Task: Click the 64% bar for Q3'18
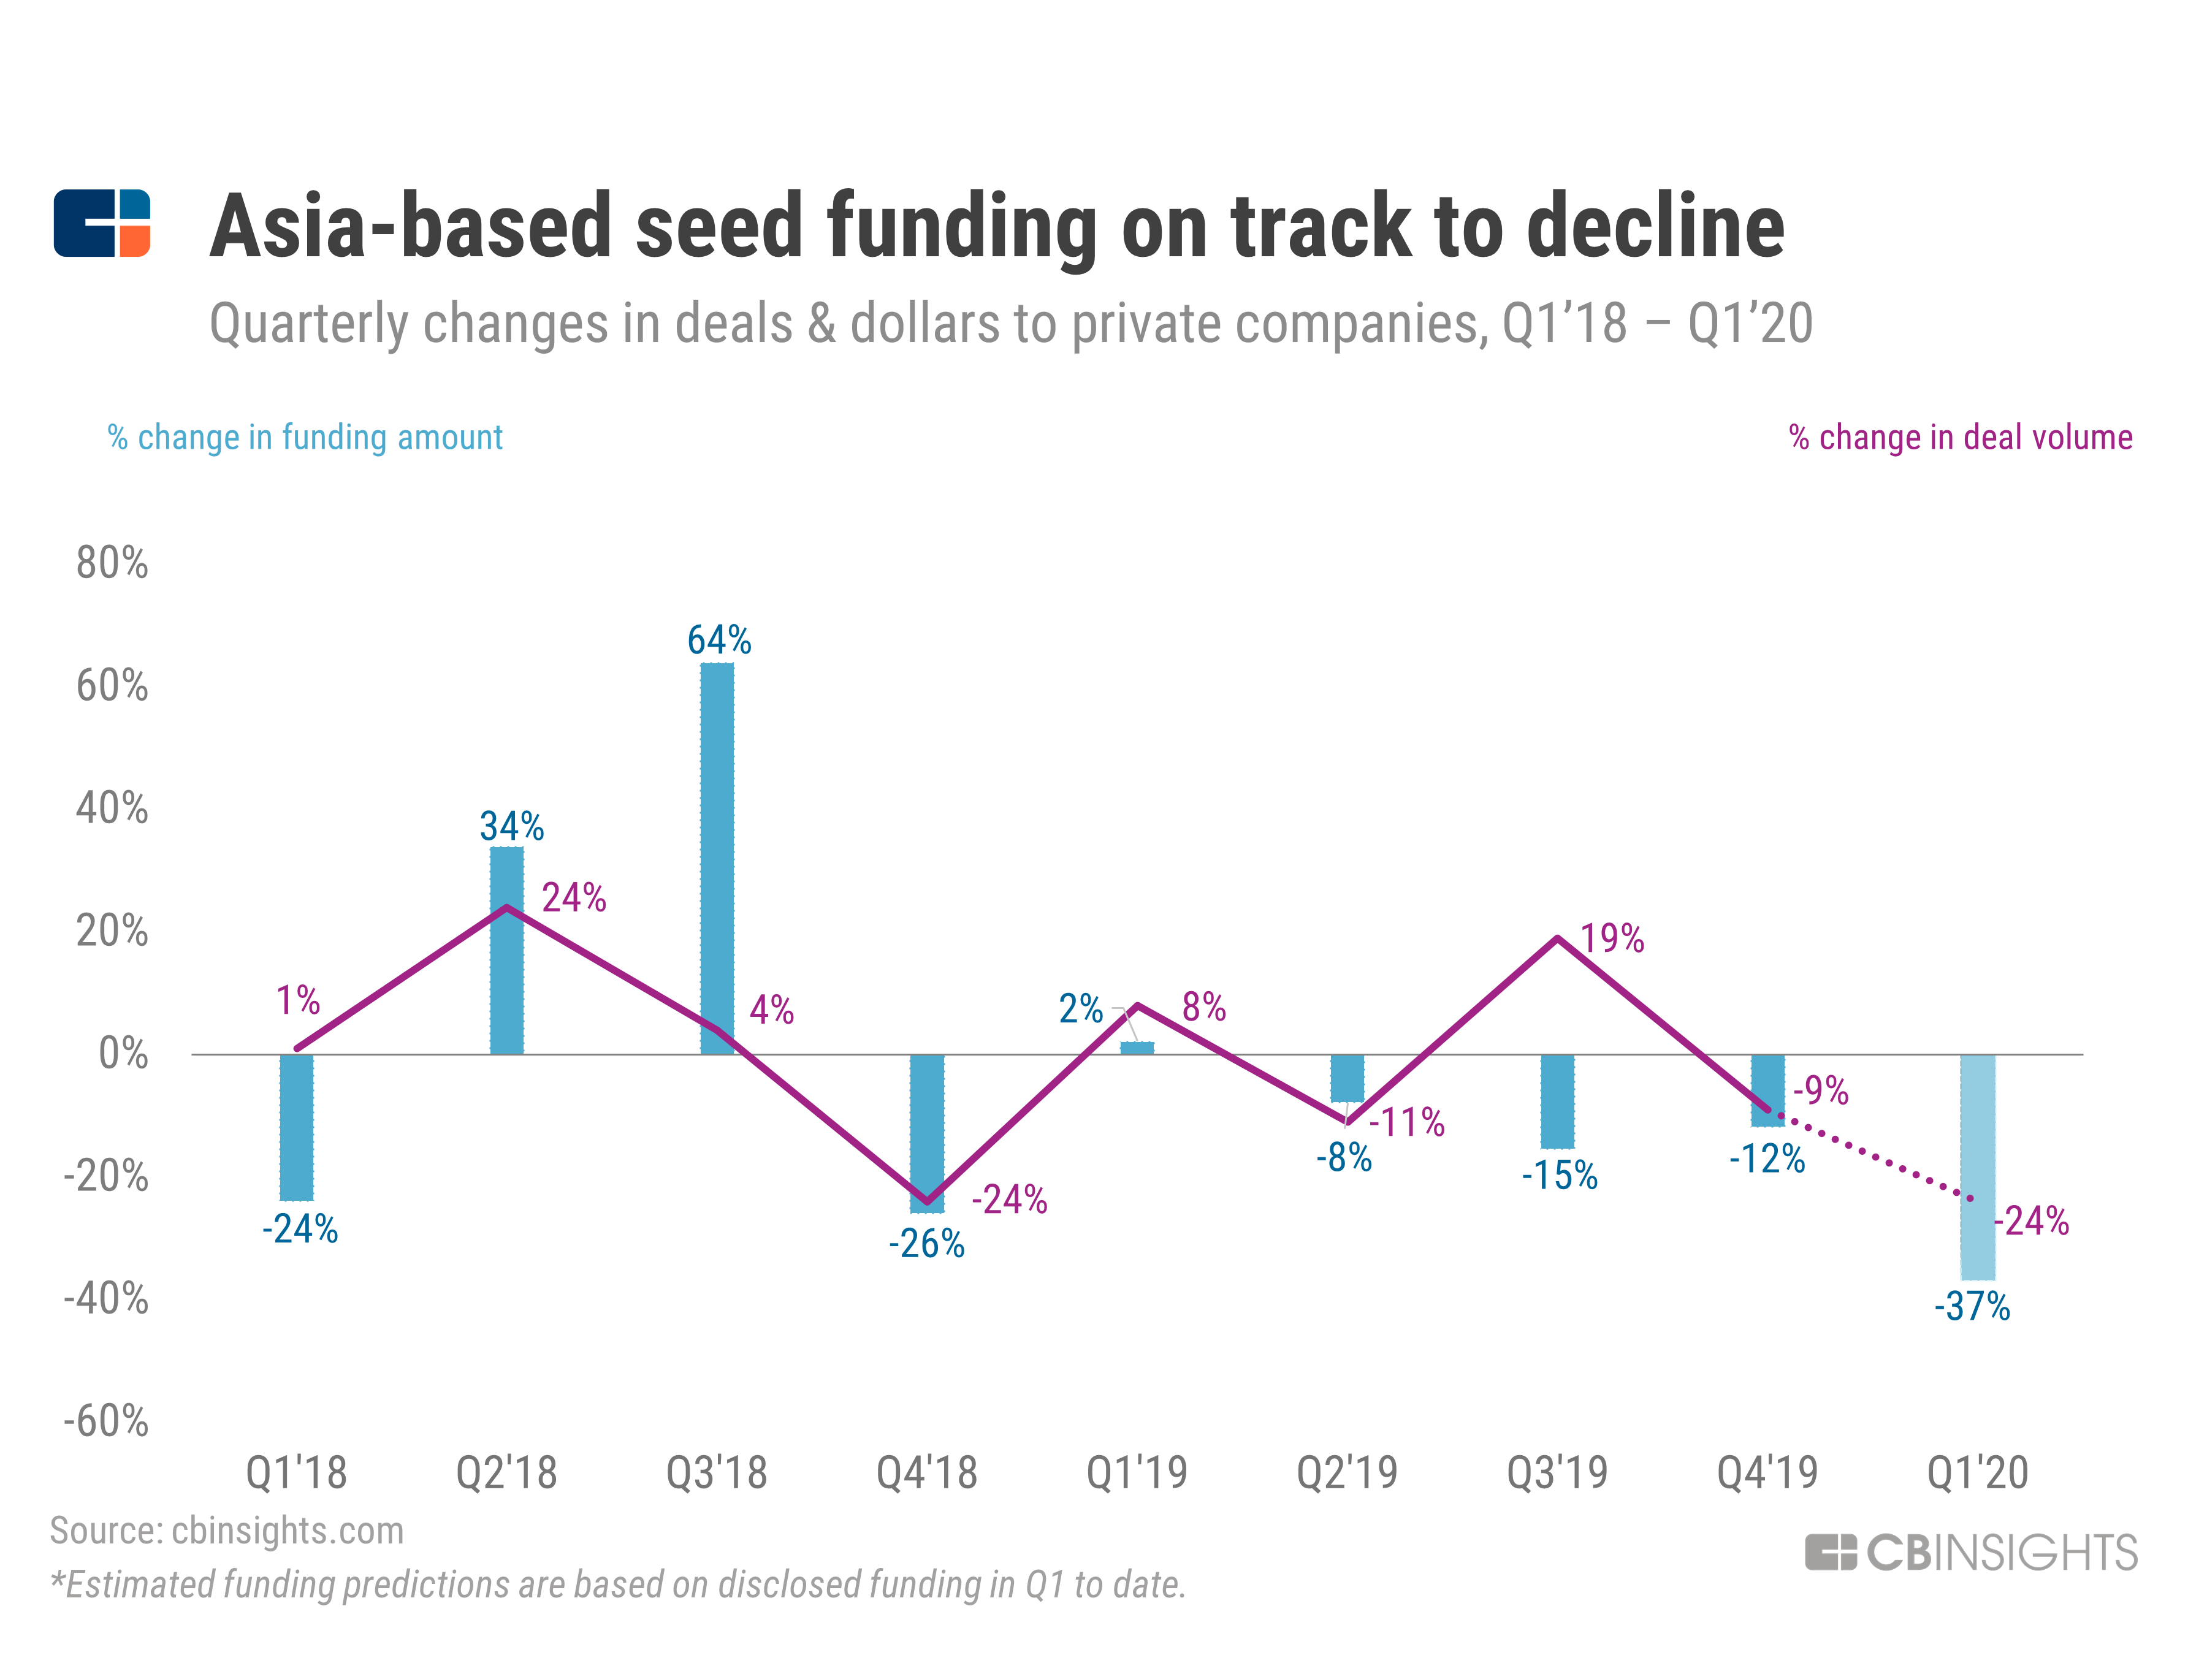tap(717, 858)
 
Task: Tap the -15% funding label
tap(1558, 1175)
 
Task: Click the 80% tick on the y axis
tap(112, 564)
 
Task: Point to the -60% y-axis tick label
tap(106, 1421)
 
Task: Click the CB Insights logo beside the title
tap(102, 224)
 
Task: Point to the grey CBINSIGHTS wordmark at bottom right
tap(1972, 1552)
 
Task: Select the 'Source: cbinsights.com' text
tap(226, 1531)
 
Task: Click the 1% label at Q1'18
tap(297, 1000)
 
